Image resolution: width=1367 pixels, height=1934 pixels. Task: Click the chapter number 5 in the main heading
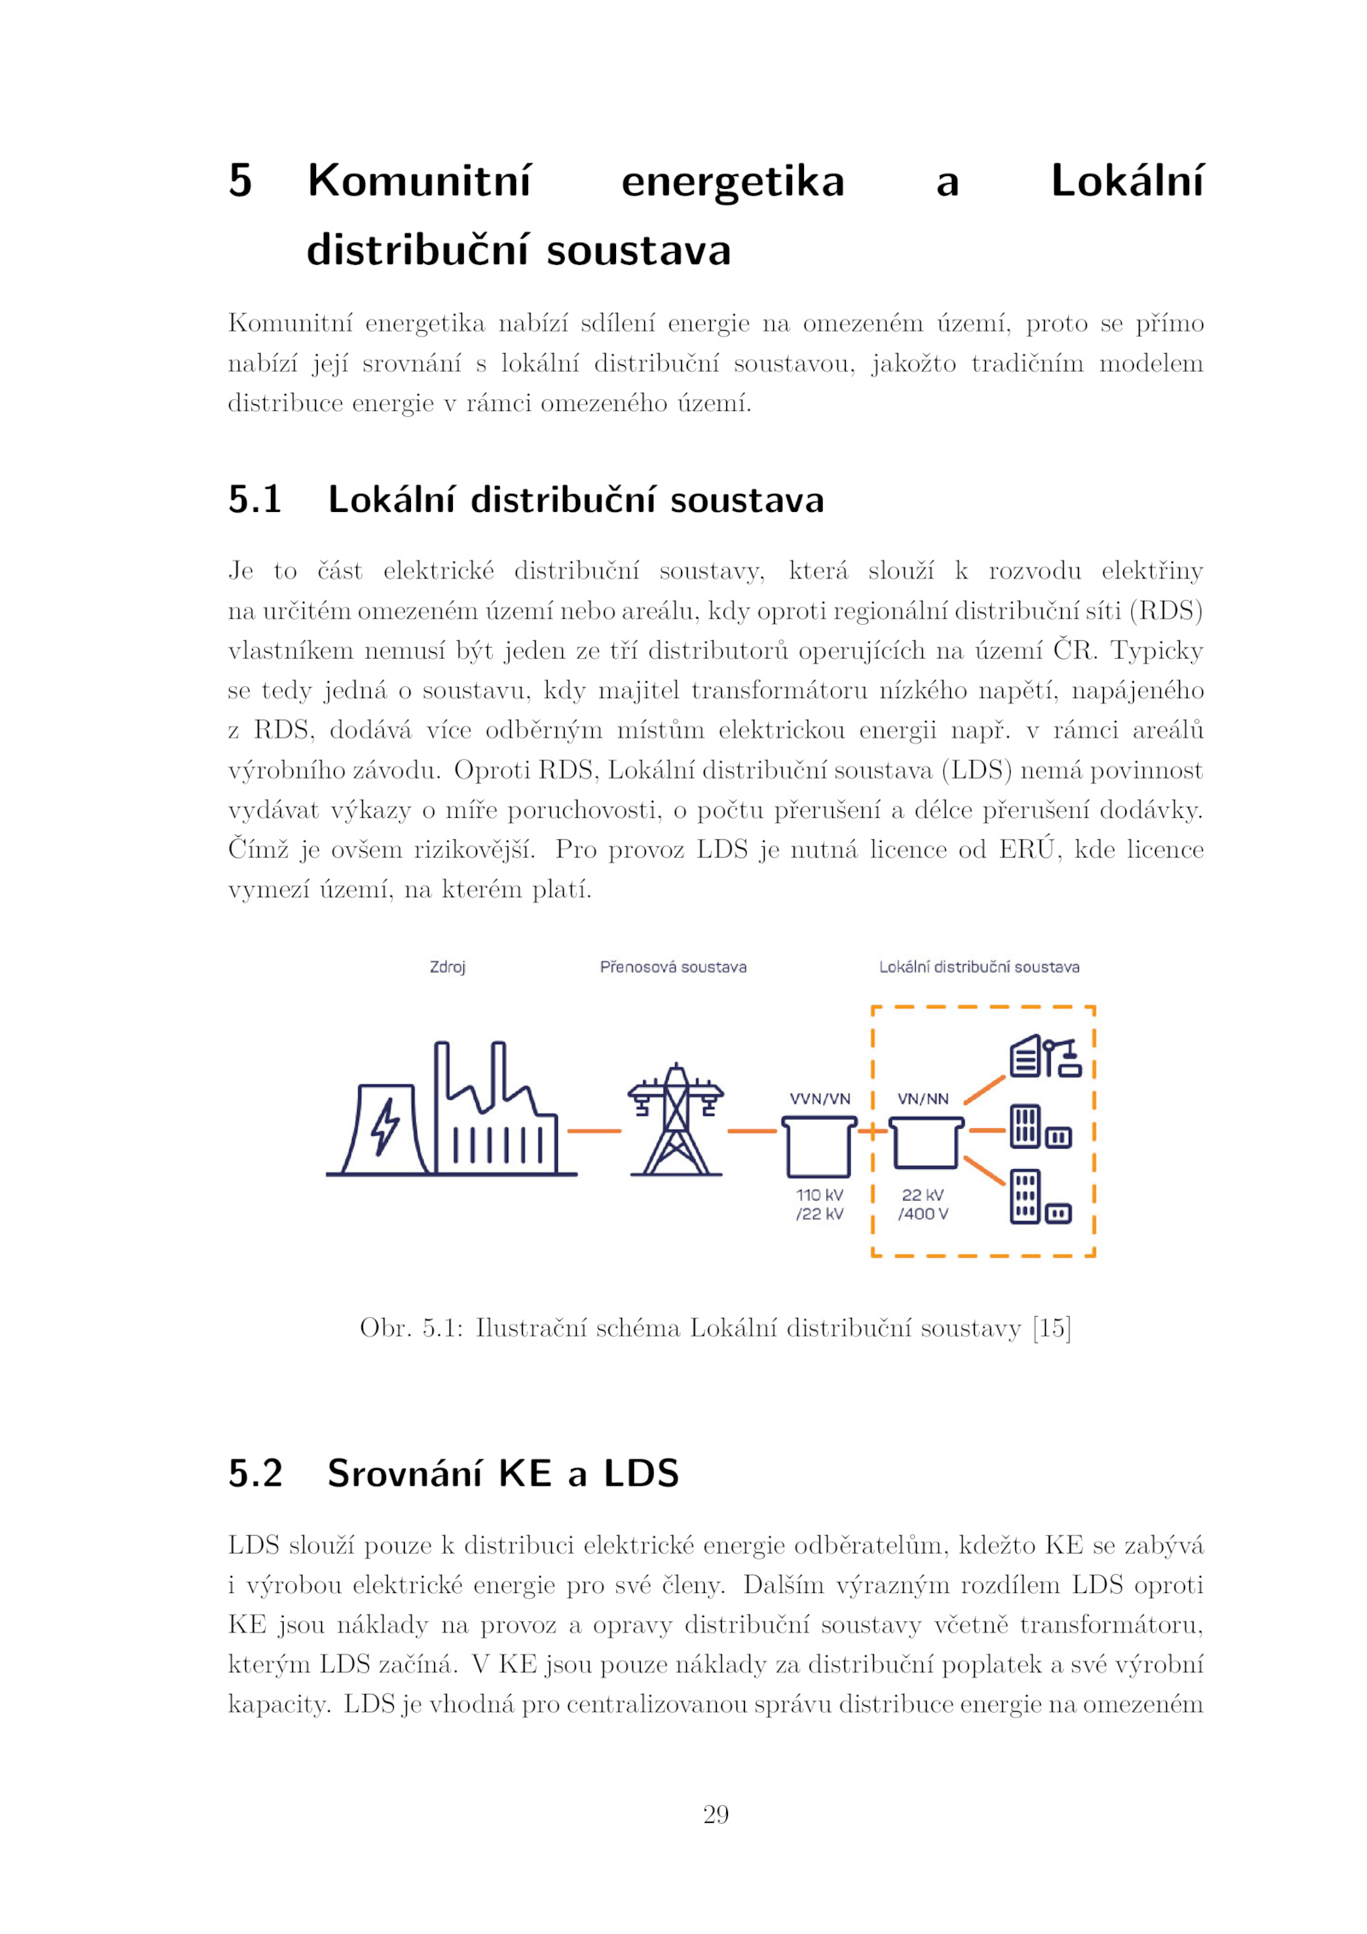coord(240,180)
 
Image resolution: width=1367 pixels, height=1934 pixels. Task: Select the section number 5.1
coord(254,500)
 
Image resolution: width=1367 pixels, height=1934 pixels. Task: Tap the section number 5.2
coord(255,1473)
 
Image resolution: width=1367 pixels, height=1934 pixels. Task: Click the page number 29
coord(715,1814)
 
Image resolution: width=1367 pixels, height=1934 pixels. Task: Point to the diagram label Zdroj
coord(447,967)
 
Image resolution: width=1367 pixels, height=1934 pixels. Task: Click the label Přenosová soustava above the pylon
coord(672,967)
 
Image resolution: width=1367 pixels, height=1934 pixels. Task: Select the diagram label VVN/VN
coord(819,1098)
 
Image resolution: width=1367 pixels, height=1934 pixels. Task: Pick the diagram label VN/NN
coord(922,1098)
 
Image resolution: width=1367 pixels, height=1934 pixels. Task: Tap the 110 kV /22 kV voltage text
coord(819,1204)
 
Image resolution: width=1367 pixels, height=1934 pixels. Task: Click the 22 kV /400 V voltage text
coord(923,1204)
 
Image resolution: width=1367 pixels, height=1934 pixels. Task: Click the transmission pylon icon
coord(675,1120)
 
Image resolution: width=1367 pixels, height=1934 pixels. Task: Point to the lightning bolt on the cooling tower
coord(384,1126)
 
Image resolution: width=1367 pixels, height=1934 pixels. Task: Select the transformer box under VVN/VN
coord(818,1148)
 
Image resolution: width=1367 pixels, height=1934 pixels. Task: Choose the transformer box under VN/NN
coord(925,1143)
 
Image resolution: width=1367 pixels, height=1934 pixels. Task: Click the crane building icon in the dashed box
coord(1045,1057)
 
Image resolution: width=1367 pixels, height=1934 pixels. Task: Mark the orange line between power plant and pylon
coord(594,1131)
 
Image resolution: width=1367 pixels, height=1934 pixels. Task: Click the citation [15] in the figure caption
coord(1051,1327)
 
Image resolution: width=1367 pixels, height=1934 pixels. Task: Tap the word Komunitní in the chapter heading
coord(419,180)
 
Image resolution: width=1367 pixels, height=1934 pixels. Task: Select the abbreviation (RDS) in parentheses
coord(1166,610)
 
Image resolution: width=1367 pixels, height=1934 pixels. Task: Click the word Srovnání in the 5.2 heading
coord(404,1473)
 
